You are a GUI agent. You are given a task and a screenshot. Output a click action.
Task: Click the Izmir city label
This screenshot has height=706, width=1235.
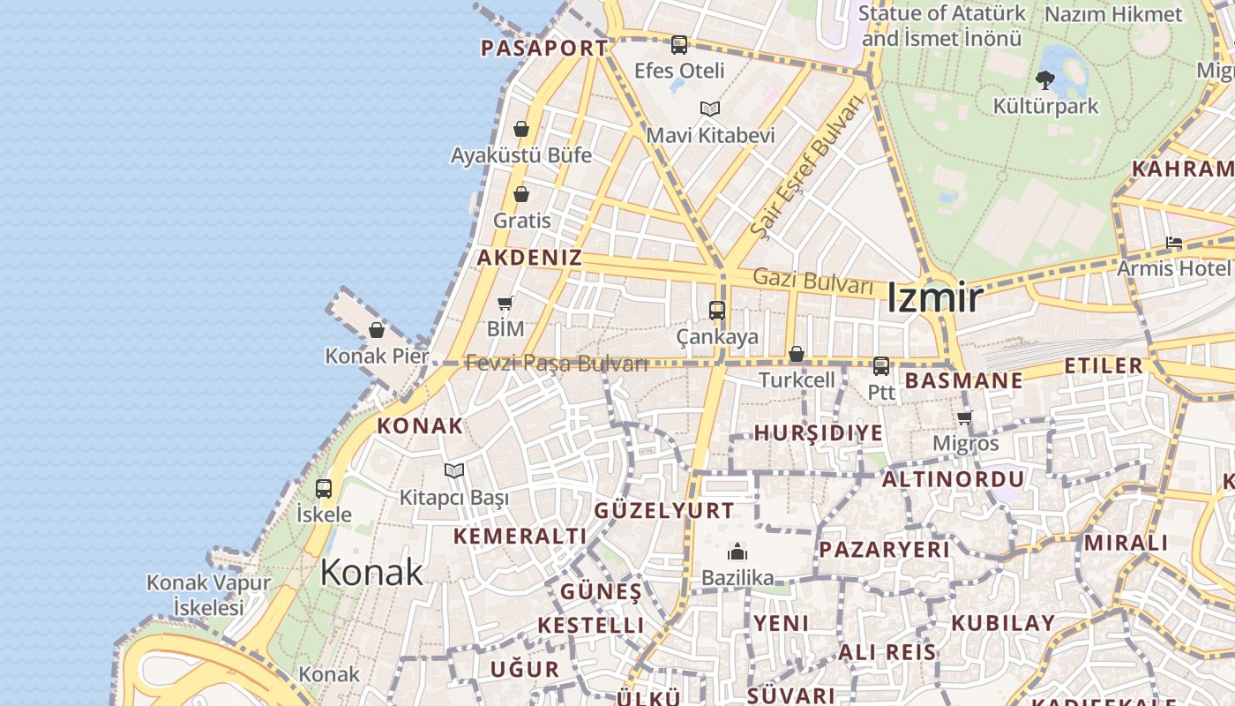[933, 297]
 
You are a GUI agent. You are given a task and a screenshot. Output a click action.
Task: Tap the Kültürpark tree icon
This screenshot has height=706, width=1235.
[1045, 80]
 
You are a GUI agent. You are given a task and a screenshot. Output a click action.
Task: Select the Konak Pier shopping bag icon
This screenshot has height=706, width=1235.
[377, 330]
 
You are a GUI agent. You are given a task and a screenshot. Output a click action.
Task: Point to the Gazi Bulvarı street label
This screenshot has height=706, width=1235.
[812, 282]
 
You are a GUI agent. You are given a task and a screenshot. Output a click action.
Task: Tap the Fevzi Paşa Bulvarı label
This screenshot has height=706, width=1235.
[557, 363]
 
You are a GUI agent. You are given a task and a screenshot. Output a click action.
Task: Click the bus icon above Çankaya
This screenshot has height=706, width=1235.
[716, 311]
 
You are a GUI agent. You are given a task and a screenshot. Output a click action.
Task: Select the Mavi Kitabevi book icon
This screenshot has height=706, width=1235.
[710, 109]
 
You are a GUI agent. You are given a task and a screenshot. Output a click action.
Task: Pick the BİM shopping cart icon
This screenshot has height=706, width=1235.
[505, 304]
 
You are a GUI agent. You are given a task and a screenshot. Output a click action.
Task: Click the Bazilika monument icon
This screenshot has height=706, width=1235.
[737, 552]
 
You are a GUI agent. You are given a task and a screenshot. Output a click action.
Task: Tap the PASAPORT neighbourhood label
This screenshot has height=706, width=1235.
[544, 49]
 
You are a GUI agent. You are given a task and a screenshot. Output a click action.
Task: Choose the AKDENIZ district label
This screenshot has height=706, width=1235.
[529, 258]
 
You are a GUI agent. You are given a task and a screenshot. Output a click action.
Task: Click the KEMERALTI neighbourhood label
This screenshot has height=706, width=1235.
[520, 536]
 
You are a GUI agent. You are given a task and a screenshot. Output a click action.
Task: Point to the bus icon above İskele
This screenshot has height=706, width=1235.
[324, 488]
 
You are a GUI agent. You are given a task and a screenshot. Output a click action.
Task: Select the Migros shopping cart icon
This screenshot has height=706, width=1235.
[965, 417]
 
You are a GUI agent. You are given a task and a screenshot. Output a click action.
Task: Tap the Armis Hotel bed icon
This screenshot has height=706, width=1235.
[1173, 243]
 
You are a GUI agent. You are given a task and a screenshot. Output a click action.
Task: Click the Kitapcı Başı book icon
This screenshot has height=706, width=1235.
[454, 471]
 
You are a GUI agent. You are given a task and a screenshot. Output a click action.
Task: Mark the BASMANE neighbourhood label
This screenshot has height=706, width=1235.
[964, 381]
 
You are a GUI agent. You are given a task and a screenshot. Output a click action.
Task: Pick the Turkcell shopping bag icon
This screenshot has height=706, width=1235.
[797, 354]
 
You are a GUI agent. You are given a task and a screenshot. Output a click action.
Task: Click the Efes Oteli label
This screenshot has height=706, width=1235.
[679, 71]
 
